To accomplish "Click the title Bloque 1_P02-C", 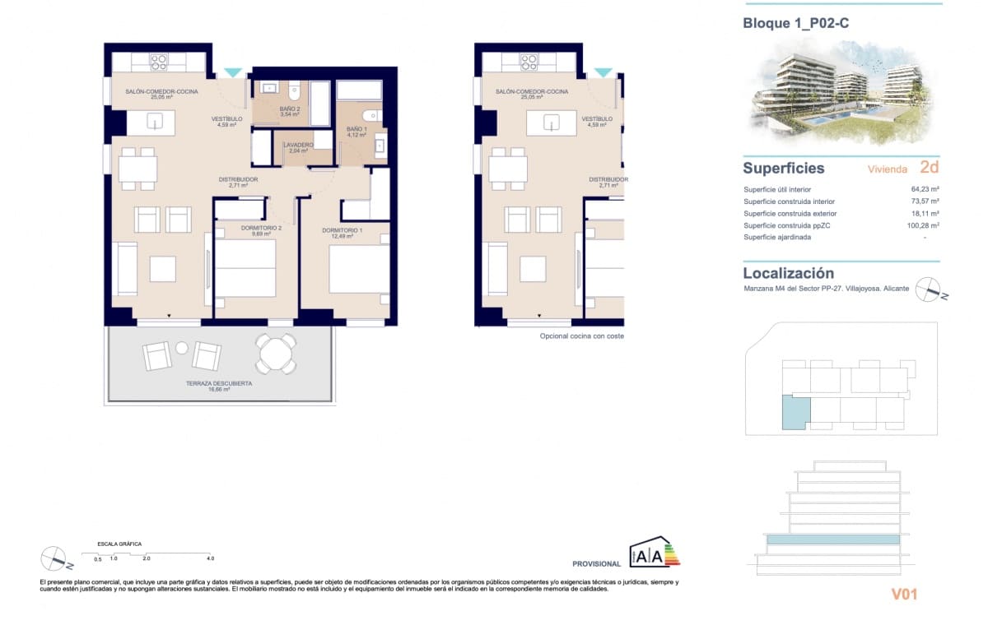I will (x=796, y=24).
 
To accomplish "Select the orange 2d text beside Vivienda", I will (x=929, y=168).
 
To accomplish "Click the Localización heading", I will (x=788, y=273).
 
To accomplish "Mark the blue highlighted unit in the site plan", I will (x=795, y=412).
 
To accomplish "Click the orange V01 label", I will (x=904, y=594).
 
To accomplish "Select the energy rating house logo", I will (x=655, y=553).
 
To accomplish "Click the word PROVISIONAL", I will (x=596, y=564).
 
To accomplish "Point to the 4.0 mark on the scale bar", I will (x=211, y=558).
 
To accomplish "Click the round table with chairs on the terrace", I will (x=274, y=354).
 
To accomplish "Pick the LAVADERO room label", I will (x=298, y=146).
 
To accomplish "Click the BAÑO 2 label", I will (x=290, y=109).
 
